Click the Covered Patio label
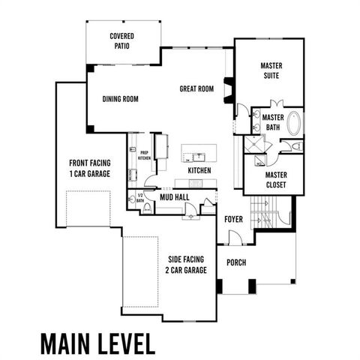tap(121, 40)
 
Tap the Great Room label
tap(196, 88)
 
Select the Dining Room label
tap(121, 98)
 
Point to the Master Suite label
tap(271, 70)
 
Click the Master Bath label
tap(273, 122)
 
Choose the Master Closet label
tap(276, 180)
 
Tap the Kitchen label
tap(199, 171)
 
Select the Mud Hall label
tap(174, 197)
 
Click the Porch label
tap(236, 262)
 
